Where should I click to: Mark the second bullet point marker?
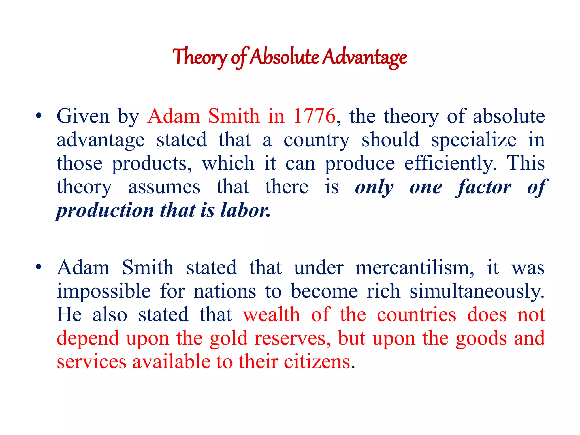[39, 267]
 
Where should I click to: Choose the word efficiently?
[450, 164]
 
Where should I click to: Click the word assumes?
[164, 187]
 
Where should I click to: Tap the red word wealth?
[272, 315]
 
